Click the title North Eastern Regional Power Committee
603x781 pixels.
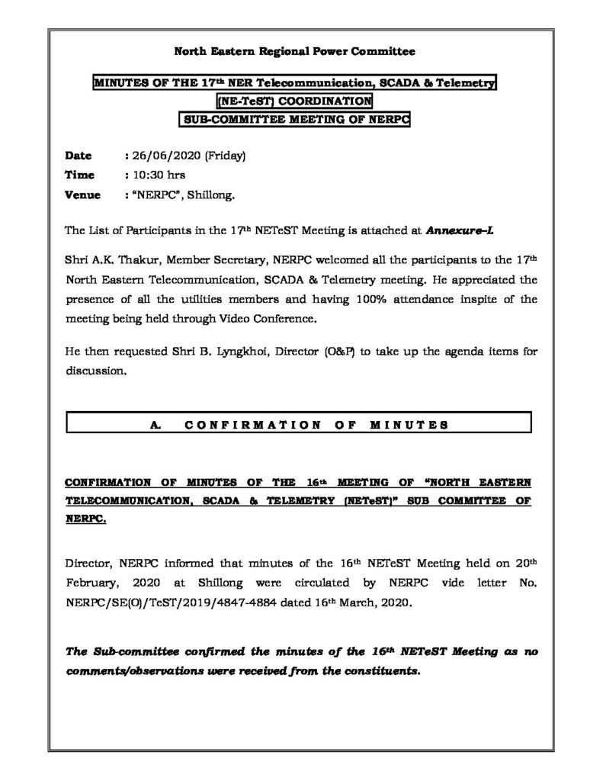295,52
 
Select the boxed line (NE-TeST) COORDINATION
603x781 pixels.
294,101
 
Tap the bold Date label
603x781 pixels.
79,156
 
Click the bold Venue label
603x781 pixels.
83,194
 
